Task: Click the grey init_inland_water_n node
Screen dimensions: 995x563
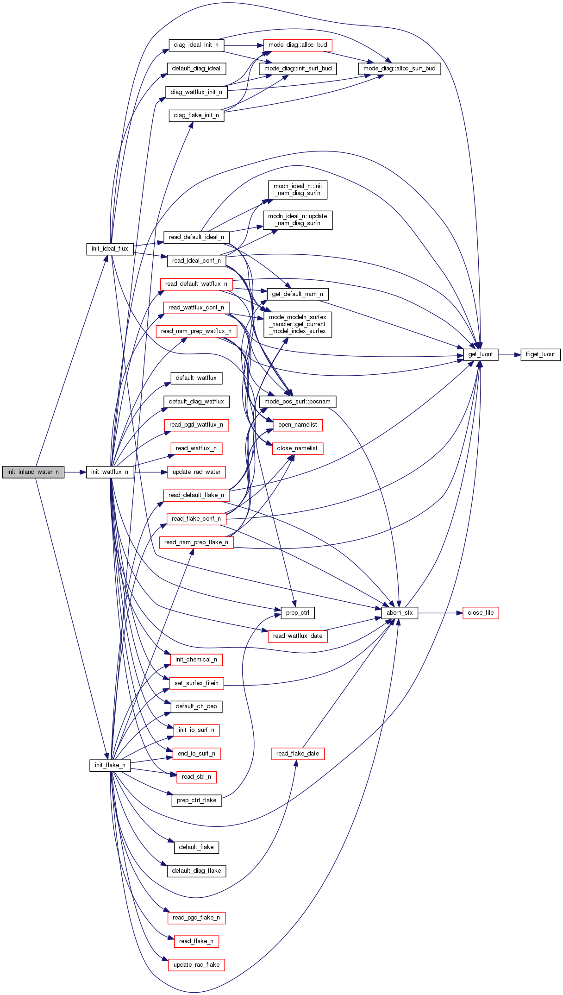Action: (33, 472)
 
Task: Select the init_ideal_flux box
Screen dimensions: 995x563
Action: (110, 249)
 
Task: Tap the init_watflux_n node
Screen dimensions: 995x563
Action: (110, 472)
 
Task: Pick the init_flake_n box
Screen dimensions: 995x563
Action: (110, 765)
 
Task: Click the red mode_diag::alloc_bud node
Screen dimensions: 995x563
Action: (298, 45)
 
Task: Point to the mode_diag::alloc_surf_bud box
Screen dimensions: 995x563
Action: (399, 69)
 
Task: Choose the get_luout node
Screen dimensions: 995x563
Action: (481, 354)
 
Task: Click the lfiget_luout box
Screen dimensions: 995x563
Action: (540, 354)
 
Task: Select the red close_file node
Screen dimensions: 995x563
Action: (481, 613)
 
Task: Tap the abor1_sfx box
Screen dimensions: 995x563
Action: (399, 613)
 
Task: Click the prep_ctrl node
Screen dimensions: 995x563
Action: (298, 613)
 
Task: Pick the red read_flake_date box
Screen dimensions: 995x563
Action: (298, 754)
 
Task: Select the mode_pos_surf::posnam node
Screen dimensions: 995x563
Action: (298, 402)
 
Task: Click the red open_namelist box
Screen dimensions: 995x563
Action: (298, 425)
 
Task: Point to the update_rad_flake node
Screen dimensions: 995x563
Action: (196, 965)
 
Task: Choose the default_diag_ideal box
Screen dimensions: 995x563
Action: (196, 69)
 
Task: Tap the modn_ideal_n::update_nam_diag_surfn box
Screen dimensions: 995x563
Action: (298, 220)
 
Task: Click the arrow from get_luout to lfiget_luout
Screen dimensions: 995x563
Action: (509, 354)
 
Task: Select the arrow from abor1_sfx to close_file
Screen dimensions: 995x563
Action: (440, 613)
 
